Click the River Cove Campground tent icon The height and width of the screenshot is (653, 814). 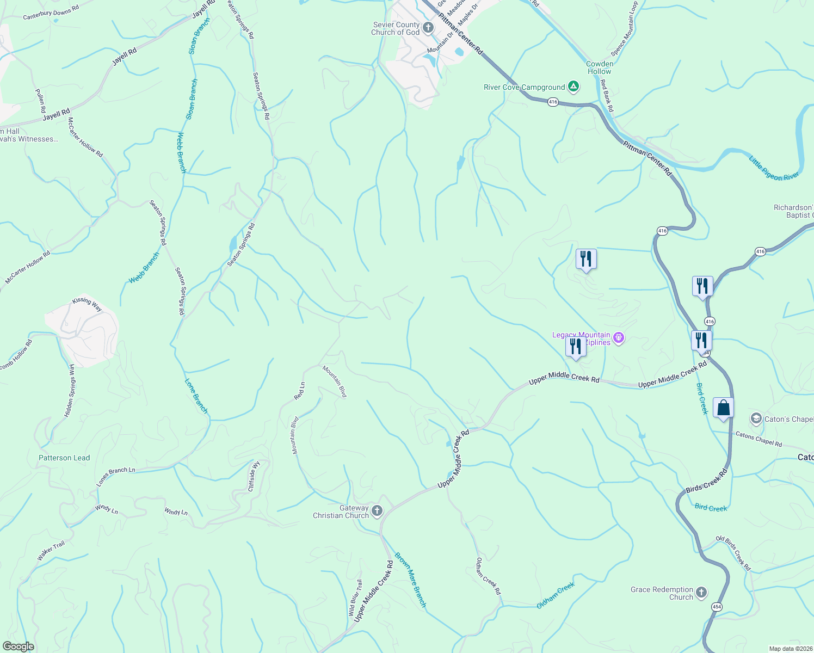coord(573,86)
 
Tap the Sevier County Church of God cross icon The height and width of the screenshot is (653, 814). coord(428,28)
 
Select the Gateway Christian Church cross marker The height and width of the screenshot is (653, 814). coord(377,511)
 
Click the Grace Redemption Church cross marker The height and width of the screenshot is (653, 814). coord(701,592)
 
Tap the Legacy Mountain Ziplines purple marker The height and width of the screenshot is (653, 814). coord(618,338)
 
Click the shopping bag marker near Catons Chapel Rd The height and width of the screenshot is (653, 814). coord(724,408)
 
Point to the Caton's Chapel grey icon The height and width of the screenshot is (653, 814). coord(756,418)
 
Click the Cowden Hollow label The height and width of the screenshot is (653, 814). coord(599,67)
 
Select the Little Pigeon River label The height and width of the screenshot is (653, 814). coord(774,169)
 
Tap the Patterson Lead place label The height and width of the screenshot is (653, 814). coord(64,458)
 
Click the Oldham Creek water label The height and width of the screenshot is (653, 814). coord(556,595)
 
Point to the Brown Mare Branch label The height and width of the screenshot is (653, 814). coord(411,580)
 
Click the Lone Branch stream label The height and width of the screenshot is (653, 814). coord(196,396)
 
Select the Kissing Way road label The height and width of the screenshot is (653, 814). coord(87,304)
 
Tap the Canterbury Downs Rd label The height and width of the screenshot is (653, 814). coord(51,13)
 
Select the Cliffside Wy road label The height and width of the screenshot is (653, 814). coord(254,476)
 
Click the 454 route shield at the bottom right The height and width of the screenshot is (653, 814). coord(717,607)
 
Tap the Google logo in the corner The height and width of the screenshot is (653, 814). coord(18,646)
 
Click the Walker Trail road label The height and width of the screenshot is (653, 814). coord(51,551)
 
